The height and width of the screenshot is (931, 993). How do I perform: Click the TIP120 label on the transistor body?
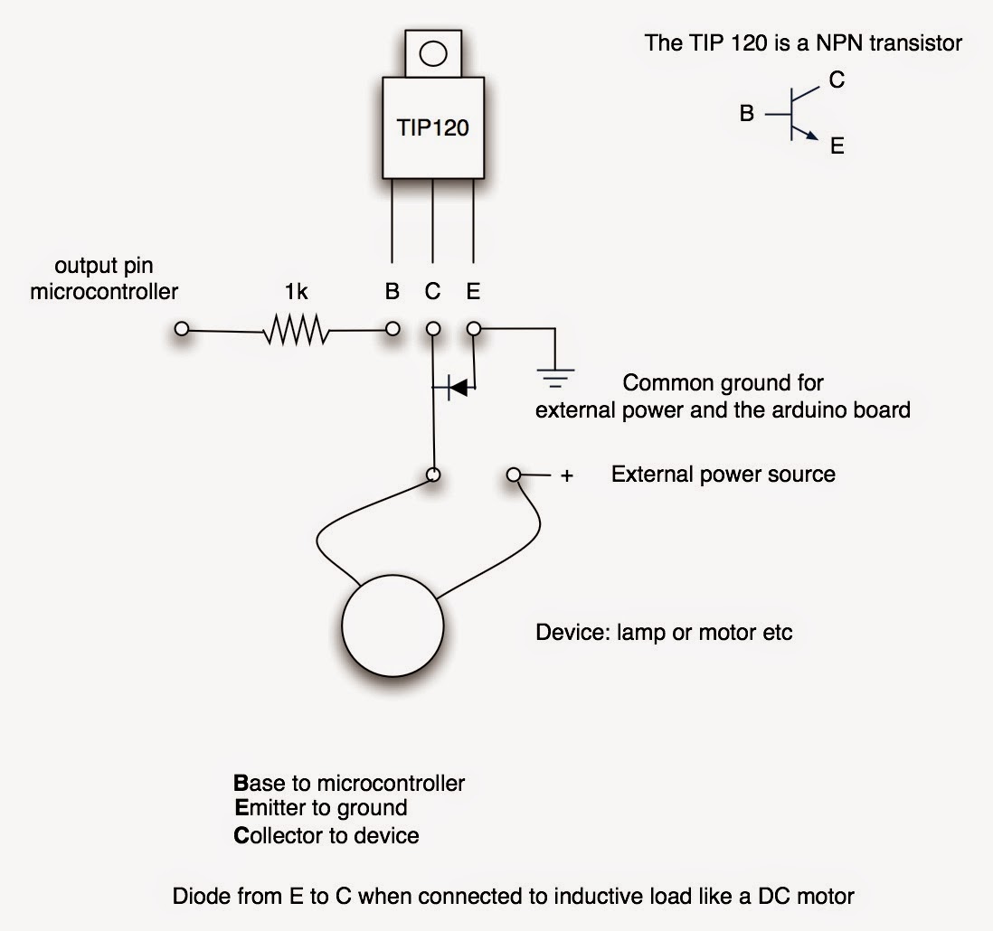[x=433, y=127]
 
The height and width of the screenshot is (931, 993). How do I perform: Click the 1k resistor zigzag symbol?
[x=296, y=331]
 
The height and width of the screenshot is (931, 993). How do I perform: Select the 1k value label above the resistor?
[x=297, y=293]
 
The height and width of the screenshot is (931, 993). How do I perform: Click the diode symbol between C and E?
[x=457, y=388]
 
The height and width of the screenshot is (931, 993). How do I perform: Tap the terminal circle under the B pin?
[x=392, y=330]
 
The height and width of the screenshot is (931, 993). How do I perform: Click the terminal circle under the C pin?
[x=433, y=330]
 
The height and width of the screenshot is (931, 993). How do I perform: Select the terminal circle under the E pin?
[x=473, y=330]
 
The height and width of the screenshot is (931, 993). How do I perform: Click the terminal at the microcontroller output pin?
[x=182, y=330]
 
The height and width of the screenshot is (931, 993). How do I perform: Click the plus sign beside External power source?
[x=567, y=475]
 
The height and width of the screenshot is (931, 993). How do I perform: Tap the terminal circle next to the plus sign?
[x=514, y=475]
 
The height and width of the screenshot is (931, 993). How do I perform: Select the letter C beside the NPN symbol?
[x=837, y=80]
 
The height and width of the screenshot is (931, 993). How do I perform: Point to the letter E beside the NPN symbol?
[x=837, y=146]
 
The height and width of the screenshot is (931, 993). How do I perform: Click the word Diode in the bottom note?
[x=197, y=897]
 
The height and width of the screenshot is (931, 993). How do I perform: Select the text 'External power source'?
[x=723, y=475]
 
